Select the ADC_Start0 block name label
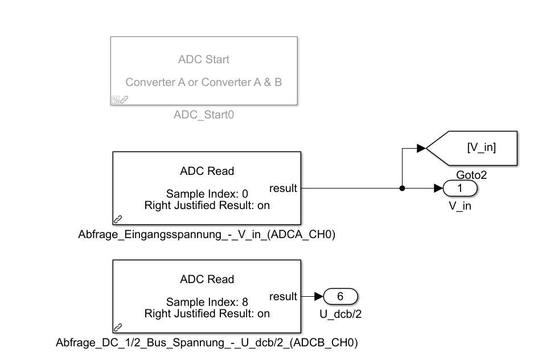(x=203, y=115)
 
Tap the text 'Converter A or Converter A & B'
(x=203, y=82)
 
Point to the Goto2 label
(x=471, y=174)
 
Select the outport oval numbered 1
(x=460, y=189)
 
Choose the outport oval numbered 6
(x=340, y=296)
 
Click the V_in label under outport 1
(x=460, y=206)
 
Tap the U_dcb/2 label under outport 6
(x=340, y=313)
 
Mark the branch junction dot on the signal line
(x=402, y=189)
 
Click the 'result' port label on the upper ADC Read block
(x=284, y=189)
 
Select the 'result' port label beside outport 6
(x=284, y=296)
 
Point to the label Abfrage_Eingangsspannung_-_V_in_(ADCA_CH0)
(x=206, y=234)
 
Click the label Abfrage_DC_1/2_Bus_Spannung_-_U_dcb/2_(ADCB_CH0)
(x=207, y=342)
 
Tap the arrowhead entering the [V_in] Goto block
(x=421, y=148)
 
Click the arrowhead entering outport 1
(x=438, y=189)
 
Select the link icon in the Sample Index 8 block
(x=118, y=327)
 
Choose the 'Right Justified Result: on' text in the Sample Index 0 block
(x=207, y=205)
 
